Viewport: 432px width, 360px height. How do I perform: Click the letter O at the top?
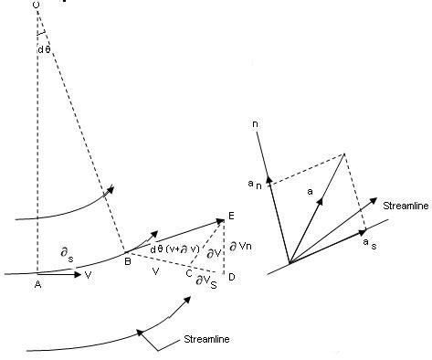click(x=36, y=5)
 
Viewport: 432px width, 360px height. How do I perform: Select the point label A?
click(x=37, y=284)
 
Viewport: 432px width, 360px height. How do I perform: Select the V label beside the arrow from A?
click(x=88, y=273)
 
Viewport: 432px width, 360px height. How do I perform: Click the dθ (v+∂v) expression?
click(x=174, y=249)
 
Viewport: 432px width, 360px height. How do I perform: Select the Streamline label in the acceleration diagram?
click(x=405, y=206)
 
